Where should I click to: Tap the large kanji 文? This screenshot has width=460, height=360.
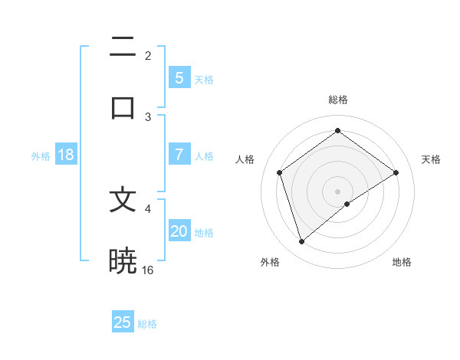[x=123, y=200]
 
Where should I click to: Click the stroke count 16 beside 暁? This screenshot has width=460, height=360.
[x=148, y=270]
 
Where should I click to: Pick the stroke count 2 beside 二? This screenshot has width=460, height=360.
[x=148, y=55]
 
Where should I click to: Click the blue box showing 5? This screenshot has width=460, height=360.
[x=179, y=78]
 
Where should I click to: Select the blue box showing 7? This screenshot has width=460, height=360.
[x=179, y=155]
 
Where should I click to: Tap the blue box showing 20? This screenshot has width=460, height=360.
[x=179, y=231]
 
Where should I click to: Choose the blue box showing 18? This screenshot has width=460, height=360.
[x=66, y=155]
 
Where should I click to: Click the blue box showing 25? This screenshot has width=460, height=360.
[x=123, y=322]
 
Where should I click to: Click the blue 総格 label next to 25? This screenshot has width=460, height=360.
[x=147, y=324]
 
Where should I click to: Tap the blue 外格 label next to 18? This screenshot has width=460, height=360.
[x=41, y=156]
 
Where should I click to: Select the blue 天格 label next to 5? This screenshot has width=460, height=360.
[x=204, y=80]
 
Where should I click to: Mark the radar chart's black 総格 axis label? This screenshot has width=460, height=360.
[x=338, y=100]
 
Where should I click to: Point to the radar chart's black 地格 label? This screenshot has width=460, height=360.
[x=402, y=262]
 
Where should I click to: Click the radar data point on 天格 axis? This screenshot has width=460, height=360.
[x=396, y=172]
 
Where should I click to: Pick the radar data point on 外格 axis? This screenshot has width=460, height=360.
[x=301, y=242]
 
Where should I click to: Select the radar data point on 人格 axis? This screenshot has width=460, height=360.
[x=280, y=172]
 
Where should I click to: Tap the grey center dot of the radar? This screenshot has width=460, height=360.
[x=338, y=191]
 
